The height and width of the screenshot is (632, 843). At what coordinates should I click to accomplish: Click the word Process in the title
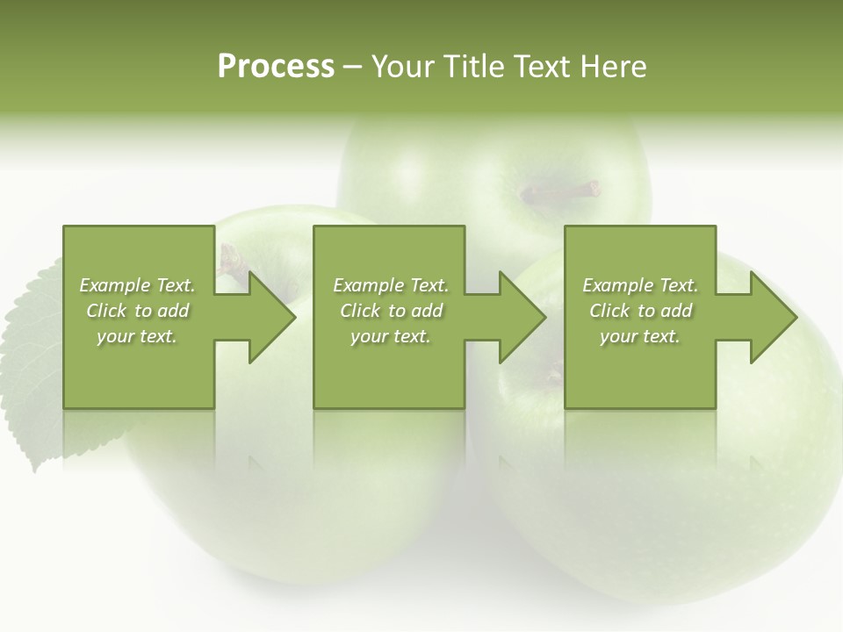(276, 67)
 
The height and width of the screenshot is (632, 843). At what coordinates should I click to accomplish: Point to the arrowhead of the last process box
(772, 317)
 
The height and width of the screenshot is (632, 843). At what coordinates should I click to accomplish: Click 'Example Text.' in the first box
(137, 285)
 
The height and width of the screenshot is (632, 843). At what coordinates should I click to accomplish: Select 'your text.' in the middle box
(390, 336)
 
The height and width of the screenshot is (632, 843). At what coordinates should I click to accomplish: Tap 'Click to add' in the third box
(640, 311)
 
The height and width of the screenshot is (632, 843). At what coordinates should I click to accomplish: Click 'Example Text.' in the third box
(640, 285)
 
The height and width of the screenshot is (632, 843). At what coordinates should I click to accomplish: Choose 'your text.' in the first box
(137, 336)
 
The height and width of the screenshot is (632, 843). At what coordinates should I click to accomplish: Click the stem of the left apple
(232, 258)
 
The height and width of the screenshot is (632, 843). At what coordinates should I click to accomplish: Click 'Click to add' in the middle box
(390, 311)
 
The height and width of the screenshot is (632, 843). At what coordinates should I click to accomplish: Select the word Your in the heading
(400, 67)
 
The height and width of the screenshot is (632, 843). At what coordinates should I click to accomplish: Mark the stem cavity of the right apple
(553, 377)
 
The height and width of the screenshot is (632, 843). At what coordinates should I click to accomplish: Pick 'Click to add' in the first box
(137, 311)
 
